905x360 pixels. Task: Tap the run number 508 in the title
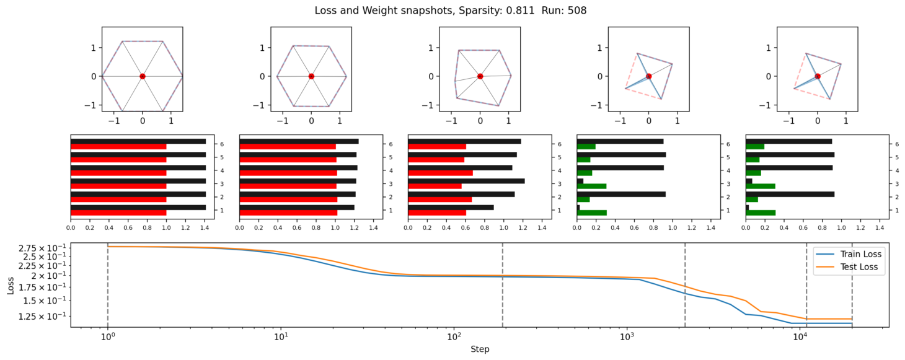pos(577,11)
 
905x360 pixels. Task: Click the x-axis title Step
pos(480,349)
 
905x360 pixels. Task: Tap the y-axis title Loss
pos(11,284)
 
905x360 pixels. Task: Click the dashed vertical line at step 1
pos(108,285)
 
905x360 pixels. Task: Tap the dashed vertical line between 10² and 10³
pos(502,285)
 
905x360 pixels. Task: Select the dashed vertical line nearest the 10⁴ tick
pos(806,285)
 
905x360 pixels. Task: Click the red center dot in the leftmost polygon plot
pos(143,76)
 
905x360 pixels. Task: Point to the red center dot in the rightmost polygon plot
pos(818,76)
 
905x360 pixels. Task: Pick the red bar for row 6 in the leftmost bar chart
pos(118,147)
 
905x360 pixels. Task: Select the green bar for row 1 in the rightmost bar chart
pos(761,213)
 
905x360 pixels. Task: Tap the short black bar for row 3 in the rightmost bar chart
pos(749,181)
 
